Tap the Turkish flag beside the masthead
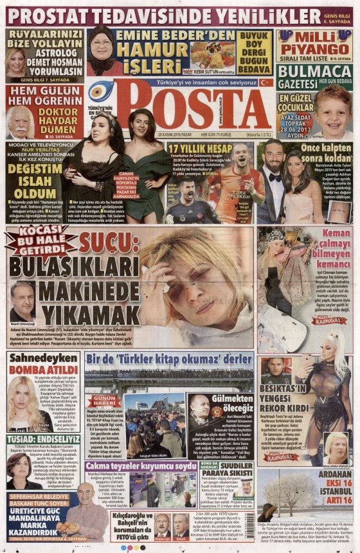coord(264,82)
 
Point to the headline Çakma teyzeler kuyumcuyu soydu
coord(141,465)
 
